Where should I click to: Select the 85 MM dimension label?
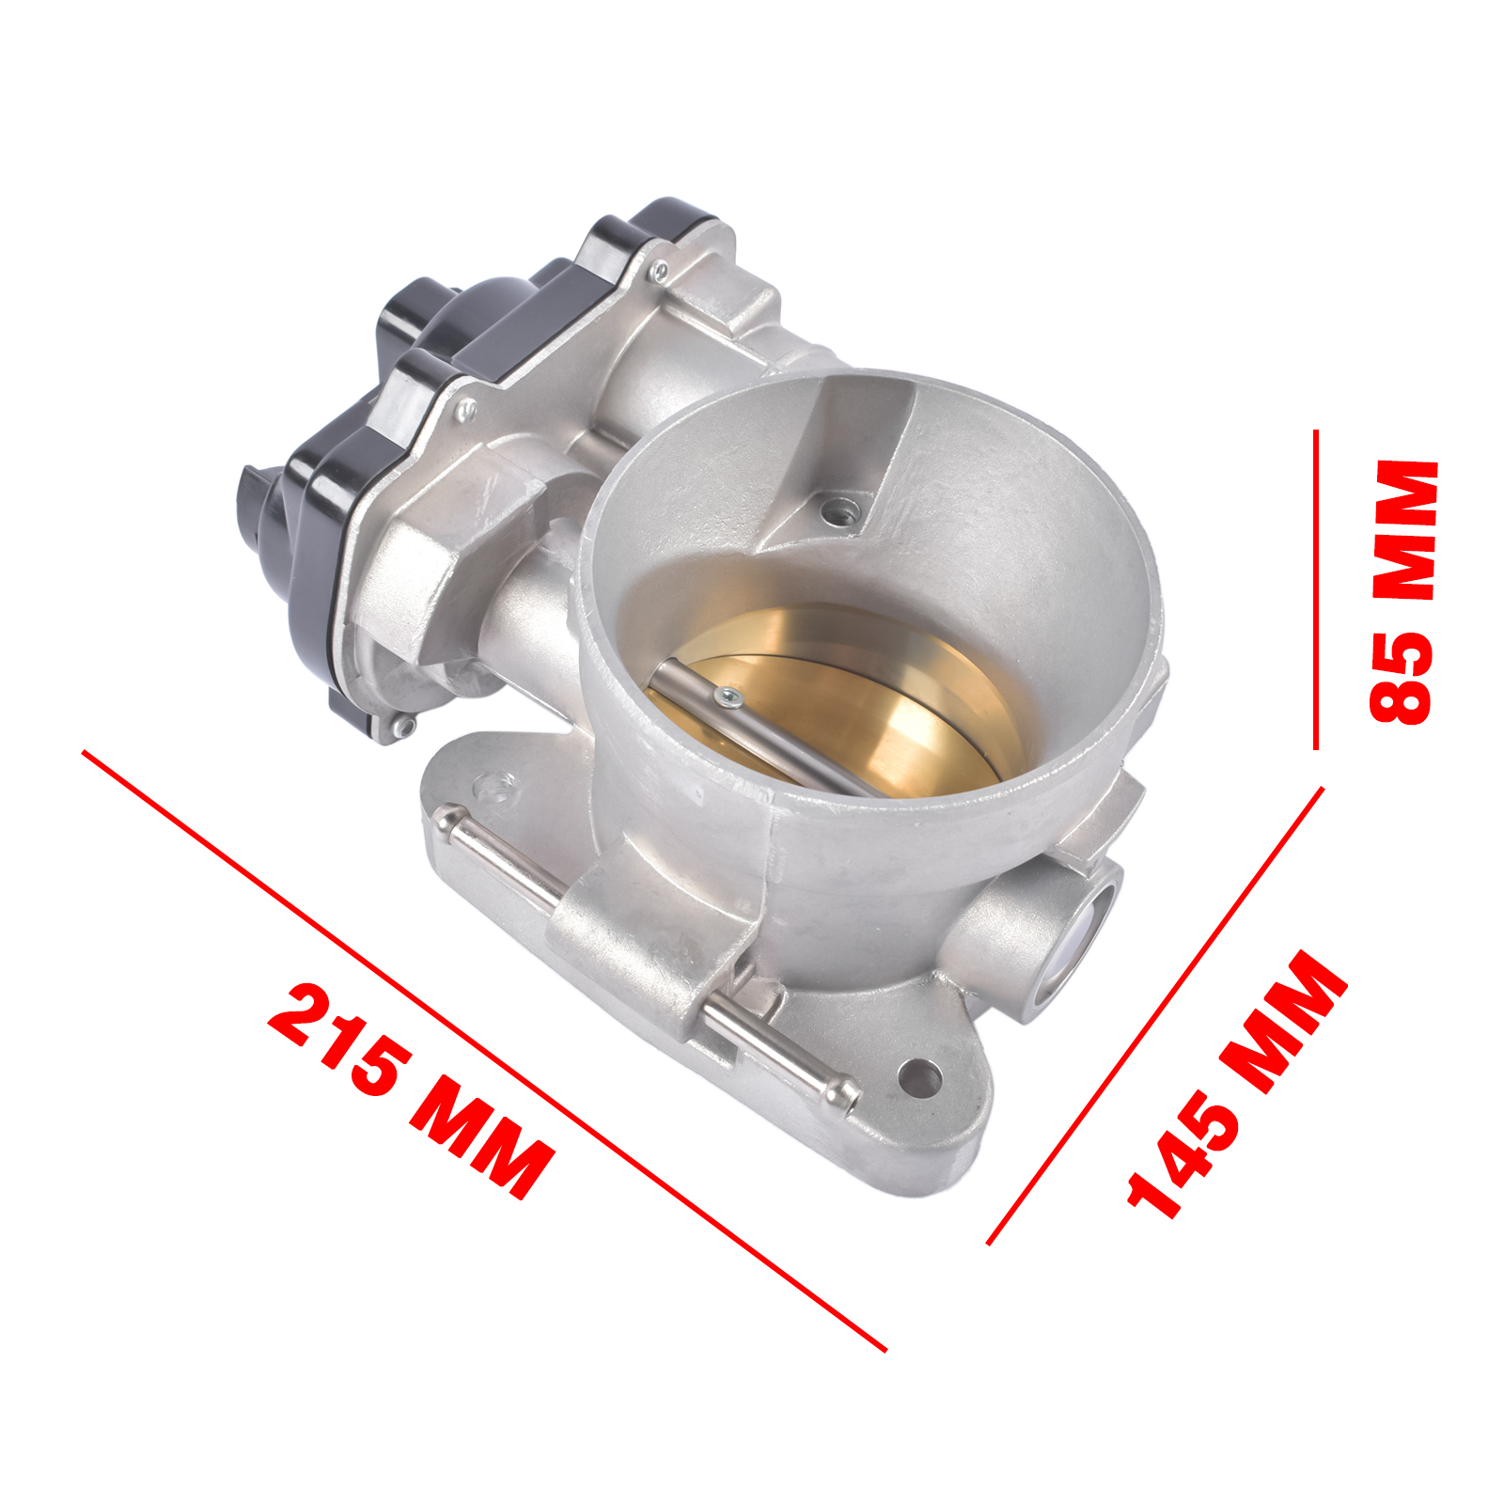1403,591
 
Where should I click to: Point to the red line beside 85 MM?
1316,589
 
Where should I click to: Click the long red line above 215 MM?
484,1051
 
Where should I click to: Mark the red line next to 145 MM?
1155,1016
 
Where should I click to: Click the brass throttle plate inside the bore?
846,696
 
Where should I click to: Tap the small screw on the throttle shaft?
728,697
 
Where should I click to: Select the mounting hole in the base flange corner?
919,1077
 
